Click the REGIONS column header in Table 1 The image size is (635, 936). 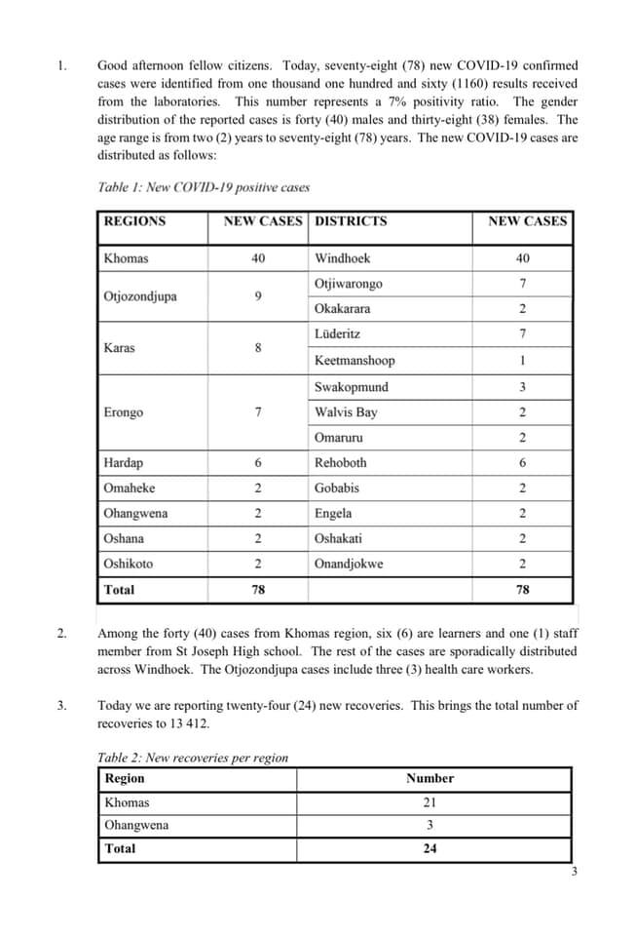pos(134,221)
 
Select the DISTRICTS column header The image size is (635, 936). pos(351,221)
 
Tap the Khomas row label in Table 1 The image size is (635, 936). pos(127,258)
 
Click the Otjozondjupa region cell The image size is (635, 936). pos(140,296)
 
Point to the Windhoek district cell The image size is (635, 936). pos(342,258)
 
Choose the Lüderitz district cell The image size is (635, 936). pos(337,334)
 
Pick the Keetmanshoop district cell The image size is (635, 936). pos(355,361)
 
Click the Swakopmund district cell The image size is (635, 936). pos(351,387)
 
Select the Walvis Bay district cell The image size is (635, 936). pos(346,412)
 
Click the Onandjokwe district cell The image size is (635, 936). pos(349,564)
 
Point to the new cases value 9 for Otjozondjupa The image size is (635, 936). pos(257,296)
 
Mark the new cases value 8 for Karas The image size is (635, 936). pos(257,348)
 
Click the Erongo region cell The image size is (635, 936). pos(124,412)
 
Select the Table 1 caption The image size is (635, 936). pos(204,187)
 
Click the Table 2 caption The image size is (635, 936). pos(193,758)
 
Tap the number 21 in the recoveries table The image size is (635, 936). pos(430,802)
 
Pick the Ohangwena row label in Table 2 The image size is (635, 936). pos(136,825)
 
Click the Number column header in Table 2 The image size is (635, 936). pos(430,778)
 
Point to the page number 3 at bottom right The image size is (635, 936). pos(575,872)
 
